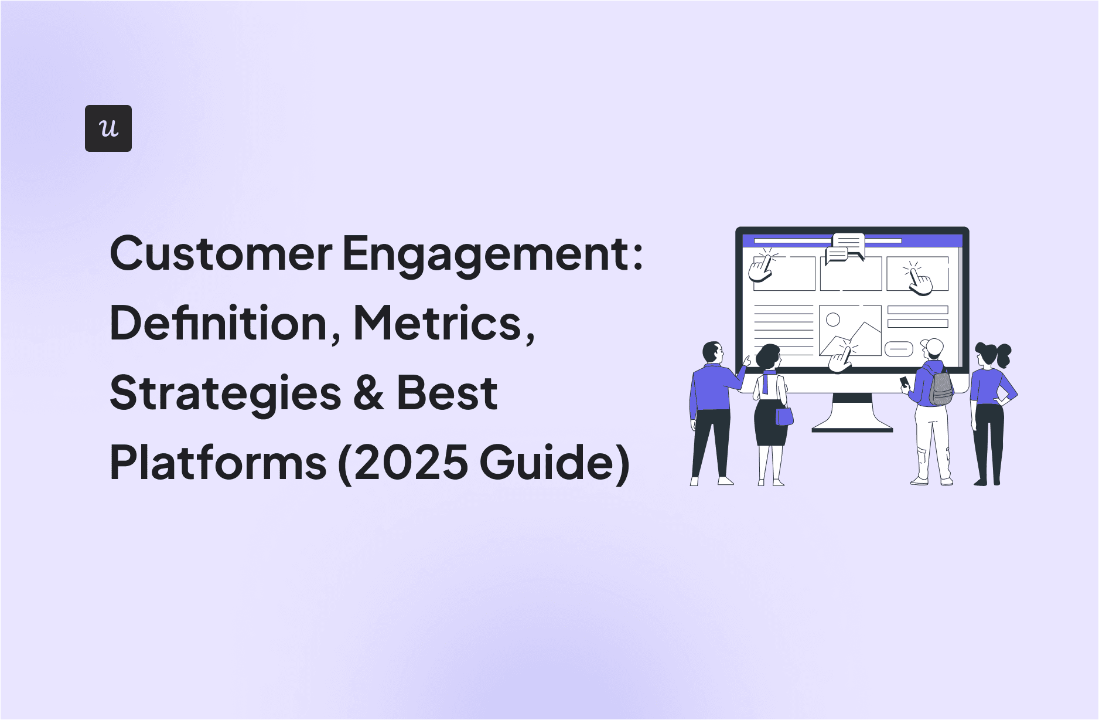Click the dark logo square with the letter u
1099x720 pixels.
(108, 128)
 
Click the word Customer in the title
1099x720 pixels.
(221, 254)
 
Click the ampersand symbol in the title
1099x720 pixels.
(369, 393)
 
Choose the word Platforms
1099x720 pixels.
(218, 462)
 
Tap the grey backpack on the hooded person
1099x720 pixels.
(941, 387)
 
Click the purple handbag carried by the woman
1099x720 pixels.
(784, 416)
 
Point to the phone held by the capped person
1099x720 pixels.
(905, 382)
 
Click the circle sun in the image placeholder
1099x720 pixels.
(833, 320)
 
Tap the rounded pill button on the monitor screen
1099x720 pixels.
(899, 349)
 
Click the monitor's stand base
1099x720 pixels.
(852, 429)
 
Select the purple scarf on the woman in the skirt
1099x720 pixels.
(766, 380)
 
